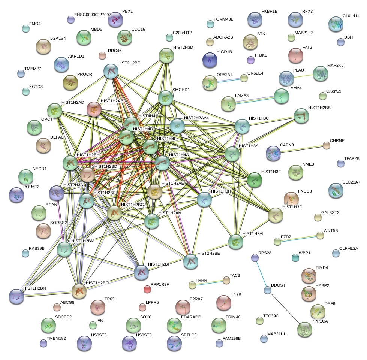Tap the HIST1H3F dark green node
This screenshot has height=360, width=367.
tap(255, 180)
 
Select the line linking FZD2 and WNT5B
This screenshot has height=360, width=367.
tap(298, 239)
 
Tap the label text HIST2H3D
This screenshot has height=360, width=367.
tap(183, 48)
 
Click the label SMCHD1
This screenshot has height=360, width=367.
tap(181, 90)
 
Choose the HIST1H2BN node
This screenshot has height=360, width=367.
tap(16, 296)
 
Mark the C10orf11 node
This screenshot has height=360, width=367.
tap(336, 24)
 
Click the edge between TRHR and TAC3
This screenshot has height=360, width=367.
tap(209, 283)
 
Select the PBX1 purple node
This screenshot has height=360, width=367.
tap(115, 19)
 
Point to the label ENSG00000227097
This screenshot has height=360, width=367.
tap(93, 15)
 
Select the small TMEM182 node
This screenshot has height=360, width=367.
tap(43, 343)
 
